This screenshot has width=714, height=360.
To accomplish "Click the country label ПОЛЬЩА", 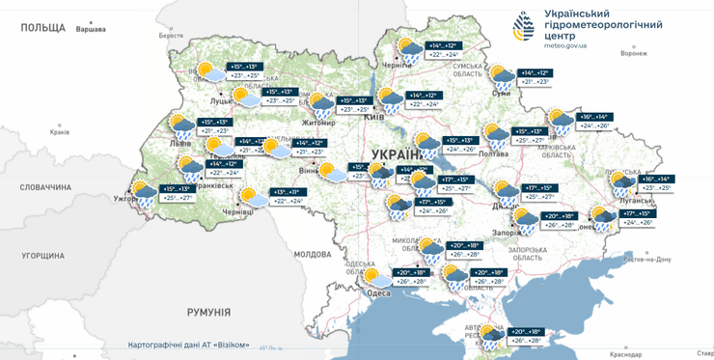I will pyautogui.click(x=41, y=27).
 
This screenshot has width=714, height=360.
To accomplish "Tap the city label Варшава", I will pyautogui.click(x=90, y=30).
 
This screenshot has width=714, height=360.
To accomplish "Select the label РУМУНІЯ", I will pyautogui.click(x=208, y=312).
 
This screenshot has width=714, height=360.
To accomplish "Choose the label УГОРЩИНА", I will pyautogui.click(x=42, y=256).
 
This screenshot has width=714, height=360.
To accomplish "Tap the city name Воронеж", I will pyautogui.click(x=634, y=53).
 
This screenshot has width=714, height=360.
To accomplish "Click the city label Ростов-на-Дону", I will pyautogui.click(x=647, y=260).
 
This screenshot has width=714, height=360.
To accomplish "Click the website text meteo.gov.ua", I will pyautogui.click(x=572, y=45).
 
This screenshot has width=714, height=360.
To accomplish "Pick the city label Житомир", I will pyautogui.click(x=318, y=124).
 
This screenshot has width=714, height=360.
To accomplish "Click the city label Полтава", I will pyautogui.click(x=493, y=152).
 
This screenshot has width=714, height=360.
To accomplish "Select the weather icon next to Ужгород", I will pyautogui.click(x=144, y=193).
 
